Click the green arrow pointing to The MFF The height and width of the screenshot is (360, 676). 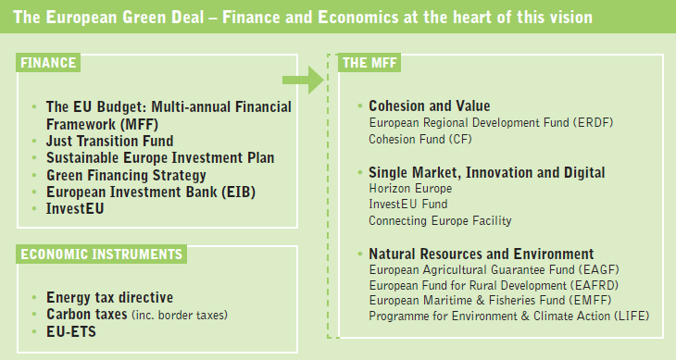(x=304, y=80)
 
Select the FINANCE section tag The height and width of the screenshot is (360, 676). (x=48, y=63)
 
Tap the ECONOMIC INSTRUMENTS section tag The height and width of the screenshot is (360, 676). (x=101, y=254)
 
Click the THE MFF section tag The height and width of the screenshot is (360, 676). (x=369, y=63)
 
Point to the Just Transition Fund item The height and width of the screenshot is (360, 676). (x=110, y=141)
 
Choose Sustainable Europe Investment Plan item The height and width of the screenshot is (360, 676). (x=160, y=157)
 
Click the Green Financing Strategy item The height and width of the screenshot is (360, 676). (x=126, y=175)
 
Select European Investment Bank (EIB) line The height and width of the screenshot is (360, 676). (x=151, y=192)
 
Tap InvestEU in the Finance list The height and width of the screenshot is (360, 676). (x=75, y=208)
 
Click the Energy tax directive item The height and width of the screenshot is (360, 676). (x=110, y=297)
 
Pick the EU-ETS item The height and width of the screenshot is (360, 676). (x=71, y=331)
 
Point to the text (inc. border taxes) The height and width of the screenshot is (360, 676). (x=180, y=316)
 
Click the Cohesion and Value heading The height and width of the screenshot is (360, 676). (x=430, y=106)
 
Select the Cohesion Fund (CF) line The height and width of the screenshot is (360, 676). (x=420, y=139)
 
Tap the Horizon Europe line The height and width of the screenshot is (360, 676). (x=410, y=188)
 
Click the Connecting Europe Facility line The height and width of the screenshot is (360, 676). (x=440, y=220)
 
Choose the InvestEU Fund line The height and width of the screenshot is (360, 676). (x=408, y=204)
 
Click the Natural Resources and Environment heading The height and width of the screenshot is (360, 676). (x=482, y=254)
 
